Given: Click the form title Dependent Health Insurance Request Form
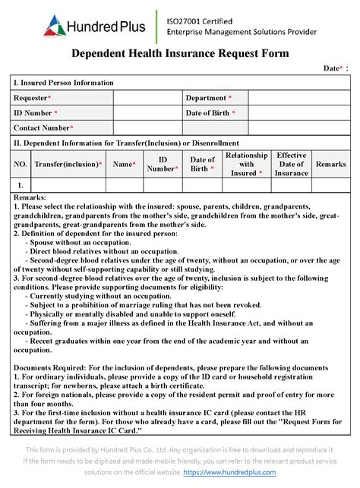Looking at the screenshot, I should (180, 54).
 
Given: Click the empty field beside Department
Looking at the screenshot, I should (299, 98).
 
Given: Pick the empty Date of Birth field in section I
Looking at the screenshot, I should (299, 113).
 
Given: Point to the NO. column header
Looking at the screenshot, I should (21, 164).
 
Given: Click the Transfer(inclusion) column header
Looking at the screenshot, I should (68, 164).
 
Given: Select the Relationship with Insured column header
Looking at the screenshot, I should (246, 164).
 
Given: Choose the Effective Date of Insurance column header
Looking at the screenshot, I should (291, 164).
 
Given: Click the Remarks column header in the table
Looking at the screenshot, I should (330, 164).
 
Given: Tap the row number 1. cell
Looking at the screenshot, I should (21, 184).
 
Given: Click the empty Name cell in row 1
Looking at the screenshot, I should (124, 184).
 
